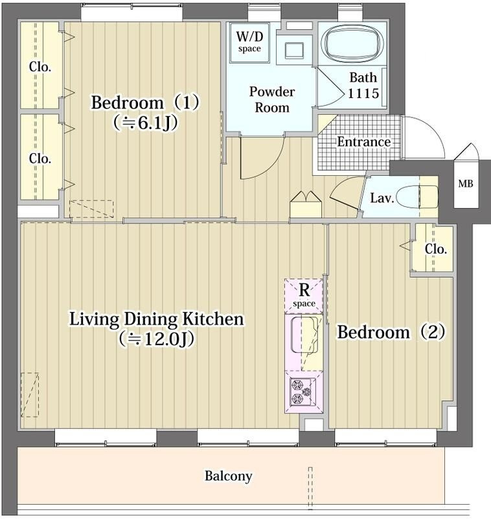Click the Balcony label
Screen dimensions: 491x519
click(228, 476)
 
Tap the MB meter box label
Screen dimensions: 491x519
click(466, 183)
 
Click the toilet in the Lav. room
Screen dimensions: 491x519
click(417, 197)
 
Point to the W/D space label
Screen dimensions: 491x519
click(249, 42)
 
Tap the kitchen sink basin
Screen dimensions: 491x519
click(304, 335)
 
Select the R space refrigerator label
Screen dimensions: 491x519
click(304, 295)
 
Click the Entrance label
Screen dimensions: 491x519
click(364, 142)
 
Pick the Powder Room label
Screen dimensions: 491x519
click(272, 100)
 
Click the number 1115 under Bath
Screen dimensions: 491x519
click(363, 93)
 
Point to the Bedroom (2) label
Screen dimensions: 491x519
click(391, 332)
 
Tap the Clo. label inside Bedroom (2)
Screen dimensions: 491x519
click(436, 249)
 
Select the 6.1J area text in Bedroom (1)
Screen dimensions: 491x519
click(145, 123)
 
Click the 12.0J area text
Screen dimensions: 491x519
click(156, 339)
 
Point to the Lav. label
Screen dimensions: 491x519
click(382, 198)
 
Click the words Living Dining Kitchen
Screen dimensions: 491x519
click(157, 319)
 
